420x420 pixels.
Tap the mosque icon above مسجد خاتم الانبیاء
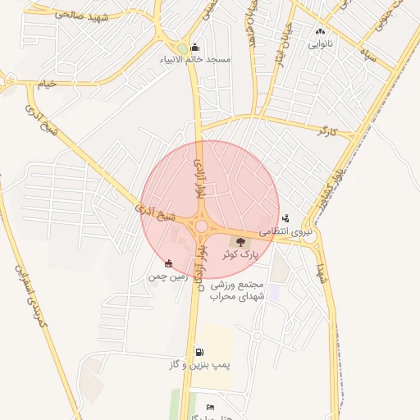194,47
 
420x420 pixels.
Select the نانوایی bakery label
320,44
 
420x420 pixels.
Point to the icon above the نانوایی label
320,32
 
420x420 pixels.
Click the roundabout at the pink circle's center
201,226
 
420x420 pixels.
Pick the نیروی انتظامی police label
284,232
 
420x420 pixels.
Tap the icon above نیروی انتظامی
285,218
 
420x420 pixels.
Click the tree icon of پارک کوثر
240,241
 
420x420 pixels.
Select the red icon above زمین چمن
168,263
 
